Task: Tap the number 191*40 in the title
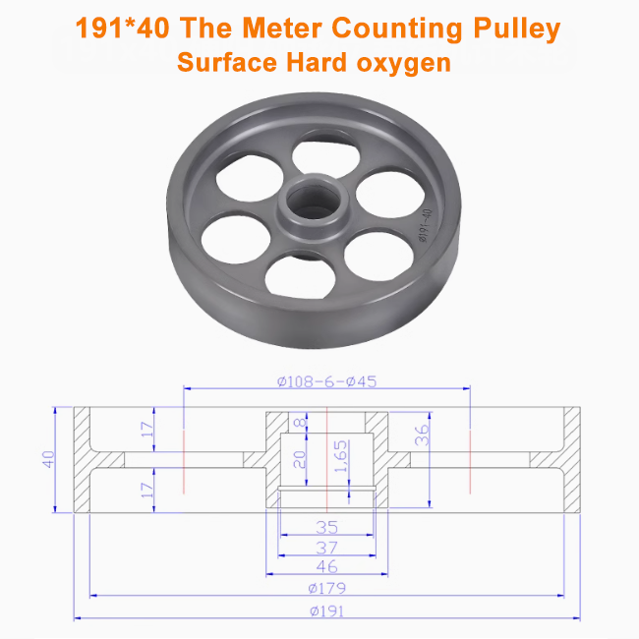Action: (x=122, y=28)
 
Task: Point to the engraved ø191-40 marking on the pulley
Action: (x=426, y=225)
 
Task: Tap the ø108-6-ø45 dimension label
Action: (x=326, y=382)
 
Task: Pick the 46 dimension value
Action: (x=326, y=566)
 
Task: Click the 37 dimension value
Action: (x=326, y=547)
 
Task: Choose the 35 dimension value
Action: (x=326, y=526)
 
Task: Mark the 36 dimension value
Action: (x=422, y=436)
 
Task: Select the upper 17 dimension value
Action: (x=147, y=429)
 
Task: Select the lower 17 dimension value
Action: (x=147, y=489)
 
